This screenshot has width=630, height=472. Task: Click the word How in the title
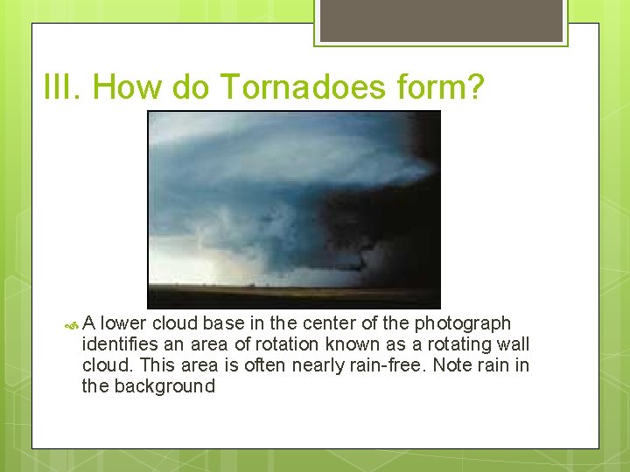click(x=126, y=87)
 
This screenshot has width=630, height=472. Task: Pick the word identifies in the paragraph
click(x=117, y=344)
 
